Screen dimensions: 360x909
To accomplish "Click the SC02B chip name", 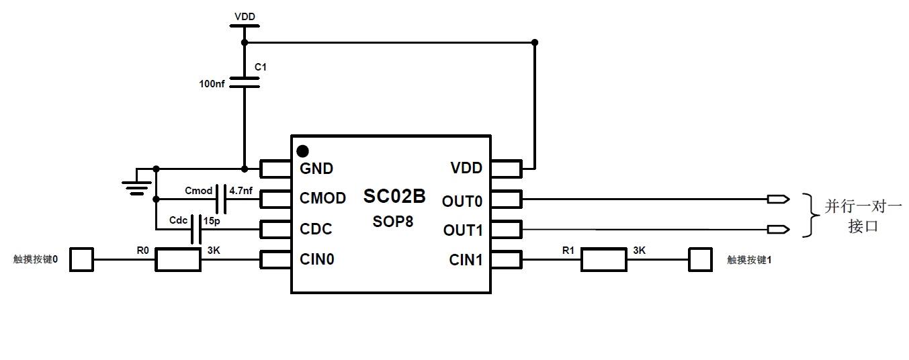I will [394, 196].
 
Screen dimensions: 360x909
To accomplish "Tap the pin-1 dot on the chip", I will [302, 151].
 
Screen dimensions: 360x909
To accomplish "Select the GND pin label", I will [316, 168].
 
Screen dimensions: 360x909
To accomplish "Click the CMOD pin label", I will [323, 198].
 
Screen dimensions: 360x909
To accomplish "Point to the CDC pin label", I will [316, 229].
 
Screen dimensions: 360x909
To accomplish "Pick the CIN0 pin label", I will [317, 259].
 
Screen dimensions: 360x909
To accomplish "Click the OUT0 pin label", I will [462, 200].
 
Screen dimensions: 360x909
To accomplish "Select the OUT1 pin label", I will [463, 230].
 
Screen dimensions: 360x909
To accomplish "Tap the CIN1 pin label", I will [466, 259].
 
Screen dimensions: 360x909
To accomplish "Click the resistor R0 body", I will [178, 259].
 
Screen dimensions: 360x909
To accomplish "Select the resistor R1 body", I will [603, 259].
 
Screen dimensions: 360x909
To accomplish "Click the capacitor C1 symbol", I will [244, 82].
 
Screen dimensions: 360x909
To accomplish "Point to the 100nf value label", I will [212, 84].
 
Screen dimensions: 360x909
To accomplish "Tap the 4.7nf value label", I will [241, 191].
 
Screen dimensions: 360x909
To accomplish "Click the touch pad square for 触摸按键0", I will [82, 259].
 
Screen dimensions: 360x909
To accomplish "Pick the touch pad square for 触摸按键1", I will [700, 259].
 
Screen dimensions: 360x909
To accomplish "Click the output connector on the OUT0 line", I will [778, 199].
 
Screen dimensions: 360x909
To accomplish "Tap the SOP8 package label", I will [393, 220].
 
